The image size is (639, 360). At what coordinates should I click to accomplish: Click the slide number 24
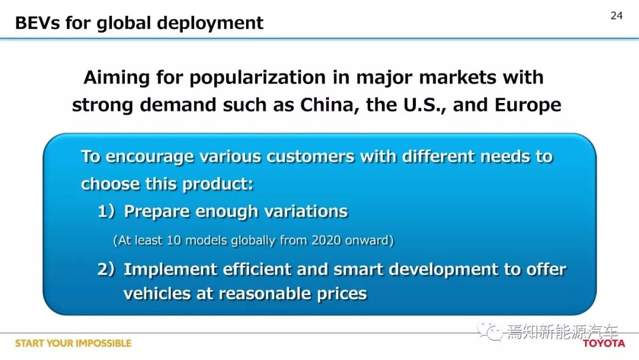coord(617,15)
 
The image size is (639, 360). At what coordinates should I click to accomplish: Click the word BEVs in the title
coord(37,23)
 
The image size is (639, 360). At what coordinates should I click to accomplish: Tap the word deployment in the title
coord(210,24)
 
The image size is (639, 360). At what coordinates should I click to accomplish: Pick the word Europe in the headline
coord(528,105)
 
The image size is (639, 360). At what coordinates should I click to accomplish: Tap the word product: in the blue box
coord(218,184)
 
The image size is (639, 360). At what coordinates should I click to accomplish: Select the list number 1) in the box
coord(106,211)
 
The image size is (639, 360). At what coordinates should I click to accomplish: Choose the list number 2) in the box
coord(106,269)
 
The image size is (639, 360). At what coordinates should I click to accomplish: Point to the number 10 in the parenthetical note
coord(173,240)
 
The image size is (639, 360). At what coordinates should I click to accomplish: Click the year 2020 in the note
coord(326,240)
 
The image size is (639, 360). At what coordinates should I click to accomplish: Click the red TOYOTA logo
coord(604,343)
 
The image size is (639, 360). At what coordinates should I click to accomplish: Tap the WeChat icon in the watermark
coord(490,331)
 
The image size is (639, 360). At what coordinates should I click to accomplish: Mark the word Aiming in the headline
coord(116,78)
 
